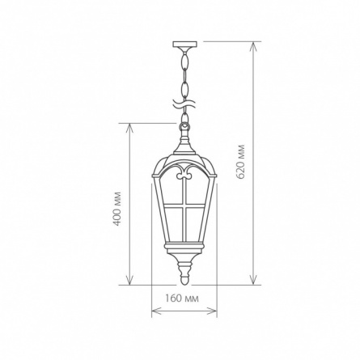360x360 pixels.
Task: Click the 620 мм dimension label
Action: click(240, 162)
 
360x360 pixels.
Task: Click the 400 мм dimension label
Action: click(116, 209)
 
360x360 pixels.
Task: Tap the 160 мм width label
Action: click(182, 299)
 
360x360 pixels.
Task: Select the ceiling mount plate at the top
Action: click(184, 44)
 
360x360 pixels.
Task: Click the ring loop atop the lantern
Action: click(184, 126)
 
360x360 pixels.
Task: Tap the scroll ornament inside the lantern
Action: click(184, 172)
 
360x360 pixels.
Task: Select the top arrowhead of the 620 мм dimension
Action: click(253, 46)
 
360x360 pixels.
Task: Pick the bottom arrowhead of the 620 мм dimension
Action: click(253, 281)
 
